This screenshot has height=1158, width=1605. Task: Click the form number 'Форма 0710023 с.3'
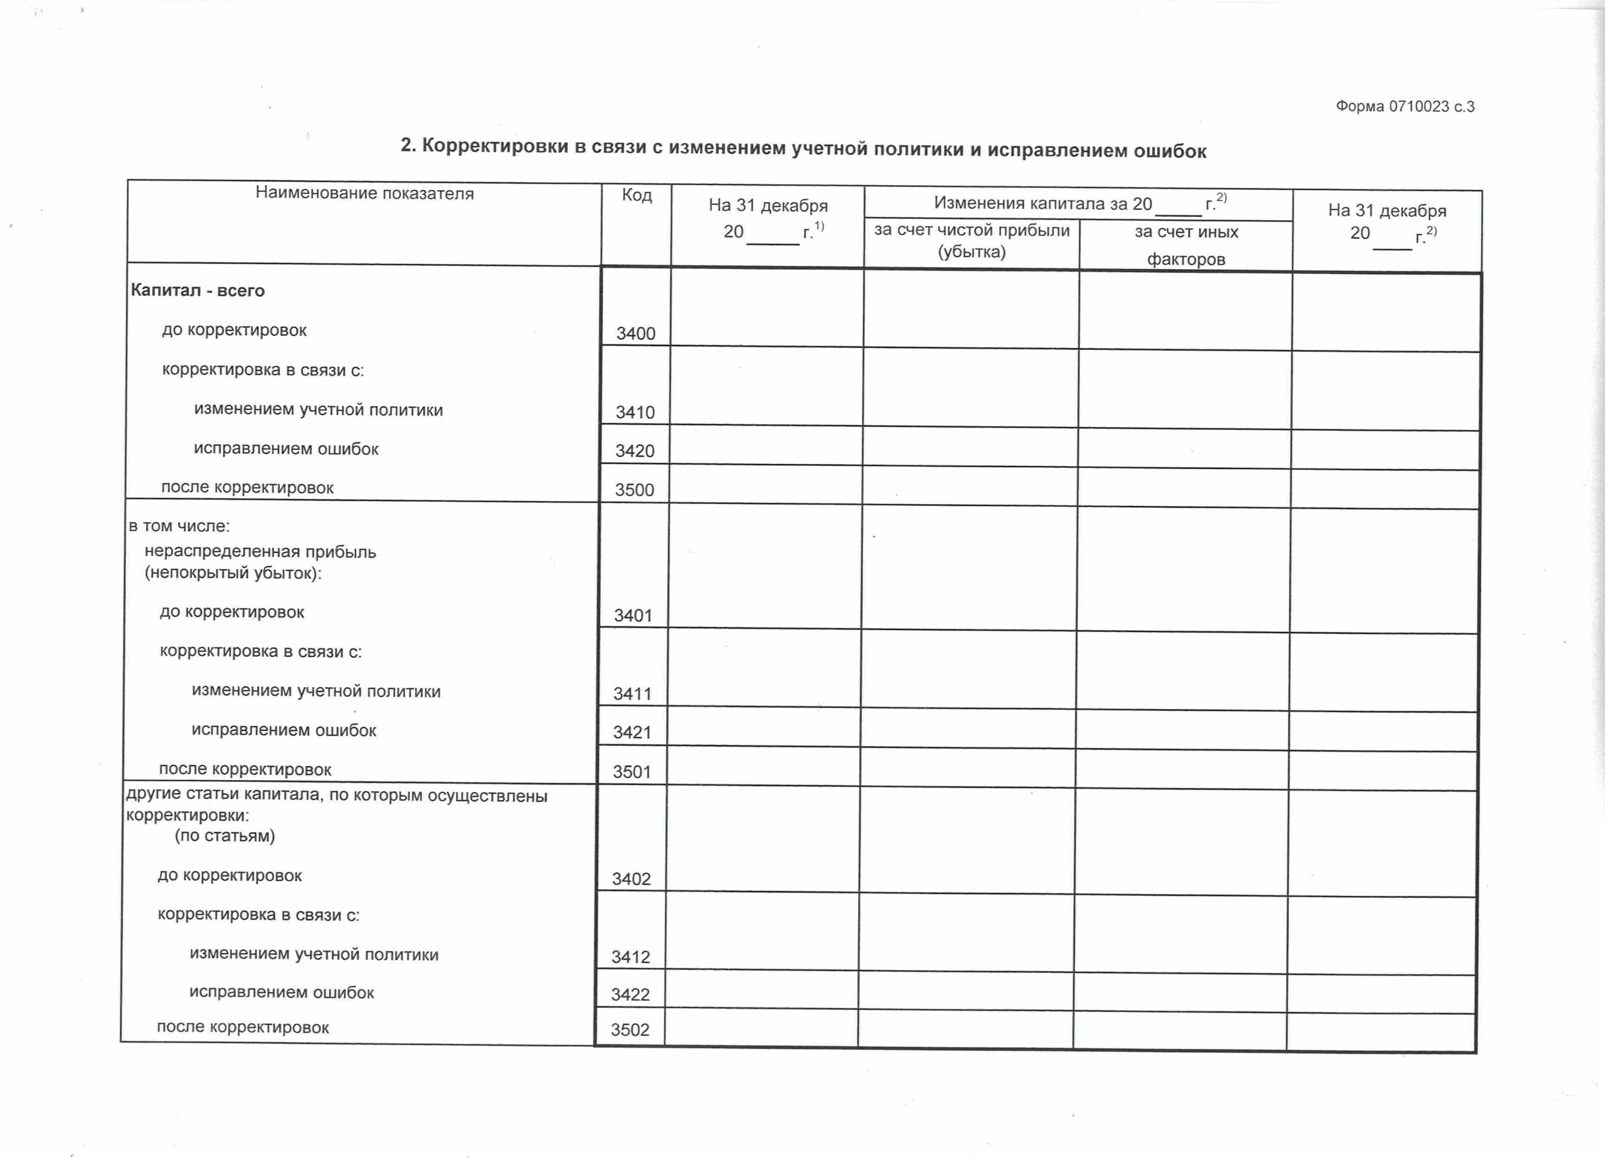pyautogui.click(x=1405, y=107)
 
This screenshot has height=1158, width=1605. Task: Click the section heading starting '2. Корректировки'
pyautogui.click(x=803, y=148)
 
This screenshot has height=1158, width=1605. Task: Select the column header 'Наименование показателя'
pyautogui.click(x=364, y=193)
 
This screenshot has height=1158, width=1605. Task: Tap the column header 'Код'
pyautogui.click(x=636, y=195)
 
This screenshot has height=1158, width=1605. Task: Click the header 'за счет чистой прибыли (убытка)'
pyautogui.click(x=972, y=240)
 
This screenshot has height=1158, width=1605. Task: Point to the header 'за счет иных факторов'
pyautogui.click(x=1186, y=245)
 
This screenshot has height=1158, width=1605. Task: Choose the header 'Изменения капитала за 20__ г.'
pyautogui.click(x=1079, y=204)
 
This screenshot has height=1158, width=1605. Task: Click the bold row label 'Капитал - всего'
pyautogui.click(x=198, y=291)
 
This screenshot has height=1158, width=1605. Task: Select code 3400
pyautogui.click(x=635, y=333)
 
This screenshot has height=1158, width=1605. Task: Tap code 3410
pyautogui.click(x=635, y=412)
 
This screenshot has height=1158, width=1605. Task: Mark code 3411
pyautogui.click(x=632, y=693)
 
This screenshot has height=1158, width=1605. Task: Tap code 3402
pyautogui.click(x=631, y=879)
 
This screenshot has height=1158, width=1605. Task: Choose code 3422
pyautogui.click(x=630, y=994)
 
